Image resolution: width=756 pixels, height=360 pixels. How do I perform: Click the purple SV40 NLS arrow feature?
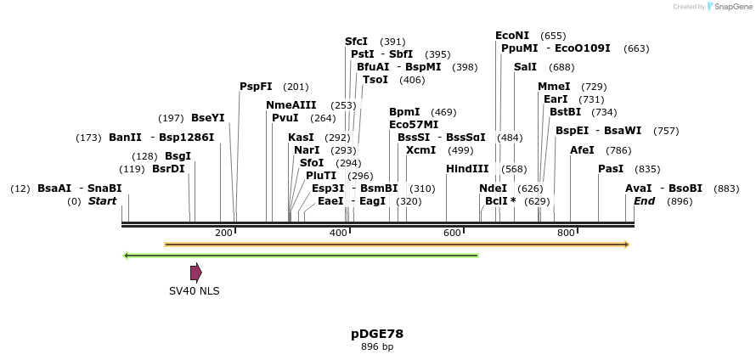196,273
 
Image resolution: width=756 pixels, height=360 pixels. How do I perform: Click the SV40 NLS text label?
194,291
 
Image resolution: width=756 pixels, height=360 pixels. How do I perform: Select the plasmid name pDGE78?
377,334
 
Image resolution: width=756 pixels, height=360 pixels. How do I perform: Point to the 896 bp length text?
377,346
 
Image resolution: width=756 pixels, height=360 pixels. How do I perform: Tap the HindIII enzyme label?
467,169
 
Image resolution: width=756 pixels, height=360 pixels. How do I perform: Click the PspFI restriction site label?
256,87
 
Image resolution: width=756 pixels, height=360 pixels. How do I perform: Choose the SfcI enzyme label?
356,42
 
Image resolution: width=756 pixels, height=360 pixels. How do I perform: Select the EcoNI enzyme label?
512,36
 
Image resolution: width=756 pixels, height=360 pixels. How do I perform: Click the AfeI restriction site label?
582,150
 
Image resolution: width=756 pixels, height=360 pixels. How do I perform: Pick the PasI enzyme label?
611,169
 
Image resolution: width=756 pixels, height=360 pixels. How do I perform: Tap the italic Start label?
102,201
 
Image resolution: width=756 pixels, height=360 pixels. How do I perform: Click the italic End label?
644,201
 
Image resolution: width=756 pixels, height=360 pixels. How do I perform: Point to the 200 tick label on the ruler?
224,233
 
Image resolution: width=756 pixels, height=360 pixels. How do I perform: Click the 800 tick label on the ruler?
566,233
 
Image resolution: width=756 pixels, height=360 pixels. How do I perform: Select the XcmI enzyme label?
420,150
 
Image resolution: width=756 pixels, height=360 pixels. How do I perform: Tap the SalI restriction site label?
525,67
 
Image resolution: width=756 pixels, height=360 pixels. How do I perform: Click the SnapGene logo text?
731,7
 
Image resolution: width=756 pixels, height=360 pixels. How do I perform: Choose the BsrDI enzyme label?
168,169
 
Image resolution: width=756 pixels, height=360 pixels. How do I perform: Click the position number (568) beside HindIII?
514,169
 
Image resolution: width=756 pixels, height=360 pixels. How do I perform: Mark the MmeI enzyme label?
554,87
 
